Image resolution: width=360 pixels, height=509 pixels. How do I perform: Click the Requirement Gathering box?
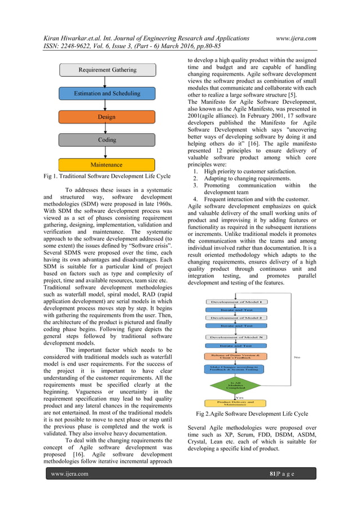pyautogui.click(x=107, y=71)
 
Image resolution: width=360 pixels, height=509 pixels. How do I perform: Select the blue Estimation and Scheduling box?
pyautogui.click(x=107, y=94)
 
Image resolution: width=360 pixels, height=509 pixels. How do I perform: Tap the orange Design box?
pyautogui.click(x=107, y=117)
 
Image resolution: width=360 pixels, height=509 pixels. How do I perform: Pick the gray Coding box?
pyautogui.click(x=107, y=141)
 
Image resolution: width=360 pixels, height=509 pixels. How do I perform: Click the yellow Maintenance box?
pyautogui.click(x=107, y=165)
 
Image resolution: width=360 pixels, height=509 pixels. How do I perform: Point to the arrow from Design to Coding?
pyautogui.click(x=107, y=129)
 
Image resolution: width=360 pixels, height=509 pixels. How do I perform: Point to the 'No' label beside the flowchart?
pyautogui.click(x=297, y=357)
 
